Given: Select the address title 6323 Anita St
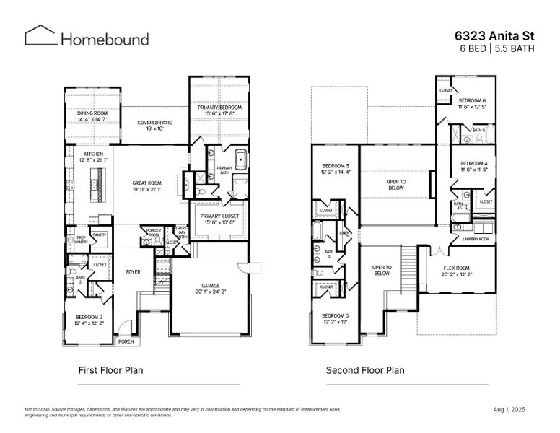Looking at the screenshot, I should click(494, 34).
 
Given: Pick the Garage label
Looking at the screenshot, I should click(211, 289).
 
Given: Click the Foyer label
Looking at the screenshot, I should click(133, 273).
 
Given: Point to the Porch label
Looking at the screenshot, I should click(126, 341).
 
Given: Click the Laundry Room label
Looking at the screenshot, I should click(476, 239).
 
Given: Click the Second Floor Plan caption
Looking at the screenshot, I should click(364, 371).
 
